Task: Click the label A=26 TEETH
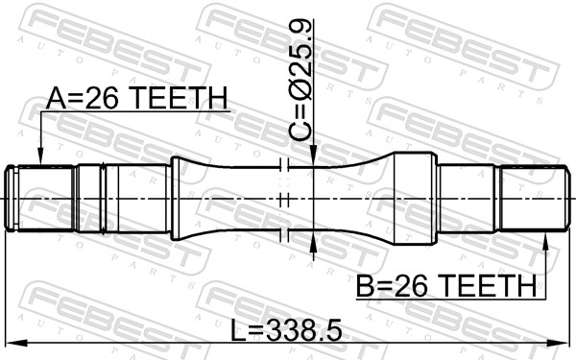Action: point(137,99)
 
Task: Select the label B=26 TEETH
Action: point(446,286)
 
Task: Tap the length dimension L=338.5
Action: point(286,329)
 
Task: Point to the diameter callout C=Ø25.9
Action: point(300,80)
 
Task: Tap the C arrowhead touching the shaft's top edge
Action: point(313,156)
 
